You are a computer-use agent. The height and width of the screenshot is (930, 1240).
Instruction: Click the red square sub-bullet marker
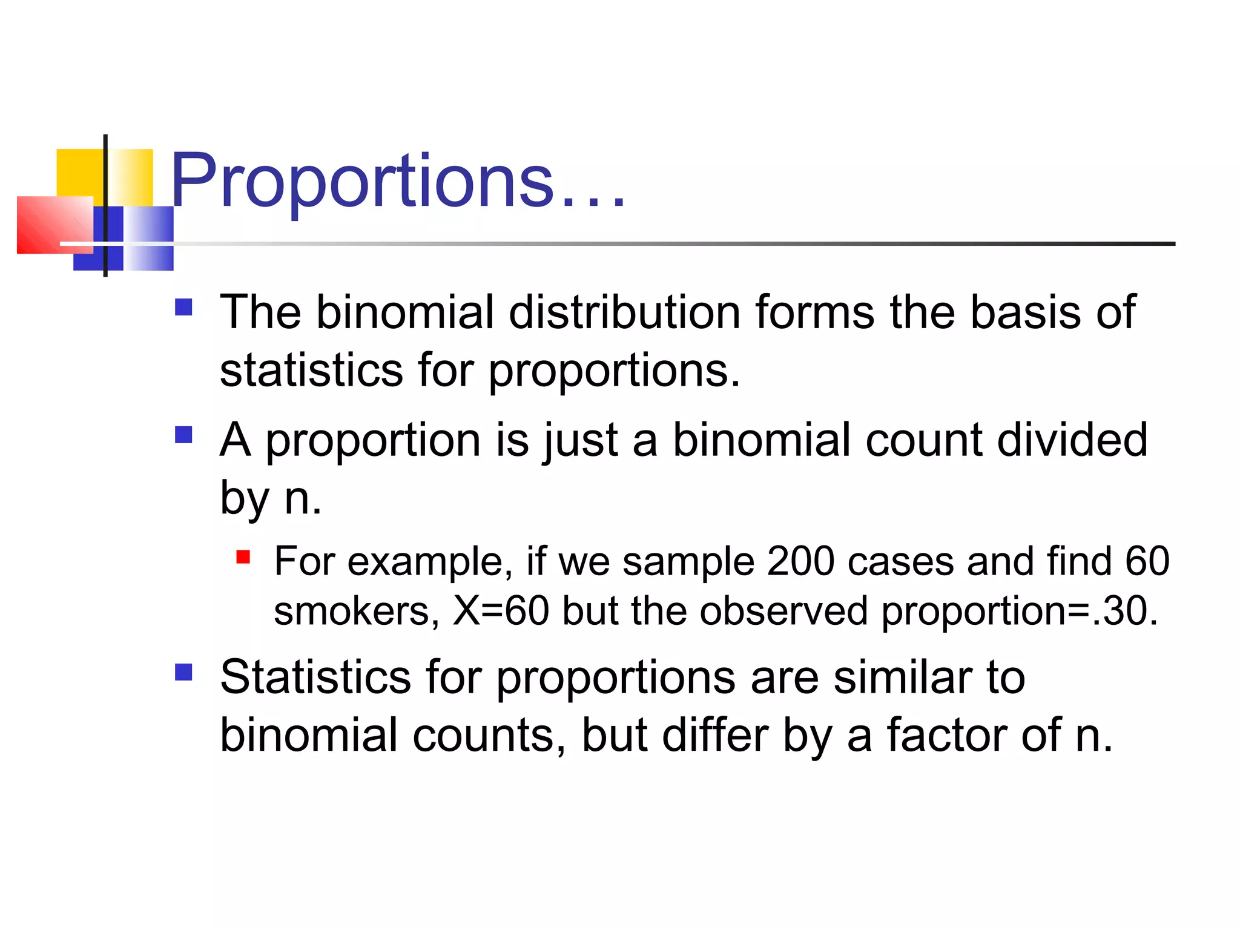coord(243,557)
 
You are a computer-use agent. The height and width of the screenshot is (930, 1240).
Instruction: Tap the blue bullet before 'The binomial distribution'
coord(183,308)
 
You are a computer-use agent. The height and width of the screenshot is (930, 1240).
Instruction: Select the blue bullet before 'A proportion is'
coord(183,435)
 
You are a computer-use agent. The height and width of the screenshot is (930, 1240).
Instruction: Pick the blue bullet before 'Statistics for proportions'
coord(183,672)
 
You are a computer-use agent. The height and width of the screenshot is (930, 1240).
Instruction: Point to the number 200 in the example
coord(800,561)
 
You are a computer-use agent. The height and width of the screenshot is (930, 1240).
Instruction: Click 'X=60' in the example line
coord(501,611)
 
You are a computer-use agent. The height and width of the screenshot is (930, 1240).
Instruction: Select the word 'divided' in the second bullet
coord(1072,440)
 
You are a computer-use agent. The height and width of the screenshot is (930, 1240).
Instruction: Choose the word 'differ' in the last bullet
coord(715,735)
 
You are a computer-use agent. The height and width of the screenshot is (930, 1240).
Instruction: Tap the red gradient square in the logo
coord(54,225)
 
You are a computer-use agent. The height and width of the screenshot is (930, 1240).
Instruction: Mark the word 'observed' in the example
coord(783,611)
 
